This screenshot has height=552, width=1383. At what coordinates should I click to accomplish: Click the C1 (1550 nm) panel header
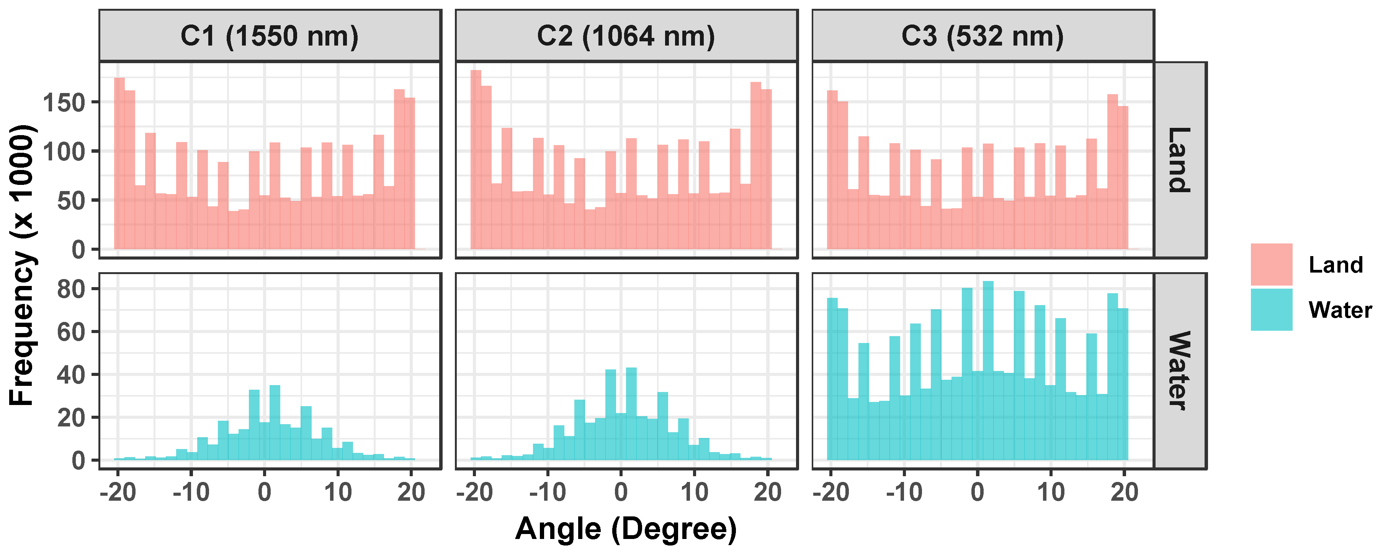[270, 36]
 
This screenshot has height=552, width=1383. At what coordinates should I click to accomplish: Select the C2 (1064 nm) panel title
[626, 36]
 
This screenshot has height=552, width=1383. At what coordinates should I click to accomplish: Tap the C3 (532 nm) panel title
[982, 36]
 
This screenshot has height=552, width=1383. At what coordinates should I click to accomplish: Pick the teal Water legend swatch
[1271, 310]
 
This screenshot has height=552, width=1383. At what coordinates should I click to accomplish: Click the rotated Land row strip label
[1180, 160]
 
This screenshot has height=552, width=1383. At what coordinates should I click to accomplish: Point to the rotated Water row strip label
[1180, 371]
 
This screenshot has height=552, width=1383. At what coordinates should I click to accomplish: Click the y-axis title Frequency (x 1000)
[23, 265]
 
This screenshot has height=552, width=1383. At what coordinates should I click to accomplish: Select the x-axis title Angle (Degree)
[626, 529]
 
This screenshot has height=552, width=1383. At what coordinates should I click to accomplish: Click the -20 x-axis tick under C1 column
[118, 492]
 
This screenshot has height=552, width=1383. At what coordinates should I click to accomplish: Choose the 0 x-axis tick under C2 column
[621, 492]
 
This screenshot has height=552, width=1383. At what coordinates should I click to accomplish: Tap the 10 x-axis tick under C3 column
[1051, 492]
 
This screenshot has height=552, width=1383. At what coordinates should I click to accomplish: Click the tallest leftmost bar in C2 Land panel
[476, 161]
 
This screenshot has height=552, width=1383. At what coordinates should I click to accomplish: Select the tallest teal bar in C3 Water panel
[988, 371]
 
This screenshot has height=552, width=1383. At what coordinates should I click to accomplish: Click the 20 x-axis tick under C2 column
[768, 492]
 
